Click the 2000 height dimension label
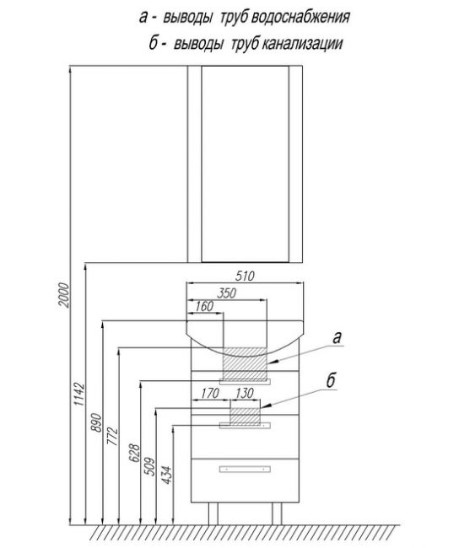[64, 295]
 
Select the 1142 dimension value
[79, 394]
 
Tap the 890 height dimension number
[96, 422]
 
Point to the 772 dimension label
[113, 436]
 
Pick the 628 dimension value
[135, 453]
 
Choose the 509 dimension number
[149, 466]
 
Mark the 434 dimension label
[167, 475]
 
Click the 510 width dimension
[245, 276]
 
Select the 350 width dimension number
[226, 293]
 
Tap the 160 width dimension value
[204, 306]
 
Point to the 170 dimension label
[209, 393]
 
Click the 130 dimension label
[244, 393]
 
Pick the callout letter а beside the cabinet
[337, 338]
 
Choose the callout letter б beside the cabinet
[331, 380]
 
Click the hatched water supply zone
[246, 363]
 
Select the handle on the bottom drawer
[245, 470]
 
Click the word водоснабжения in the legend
[301, 17]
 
